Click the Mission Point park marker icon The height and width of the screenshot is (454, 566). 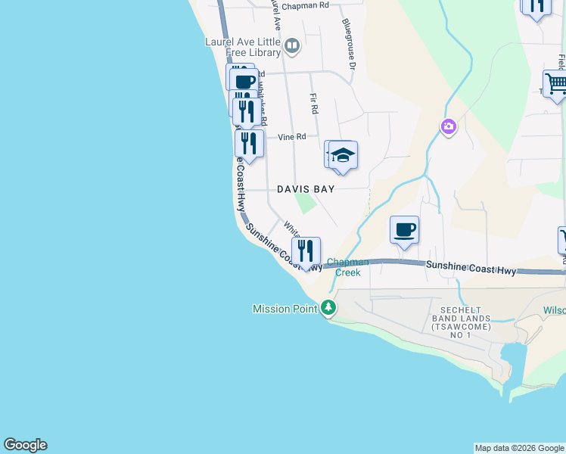pos(328,308)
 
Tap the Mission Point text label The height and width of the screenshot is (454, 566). pos(286,309)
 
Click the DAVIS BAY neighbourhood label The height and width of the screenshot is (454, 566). pos(305,189)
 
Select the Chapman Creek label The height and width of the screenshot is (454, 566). pos(348,267)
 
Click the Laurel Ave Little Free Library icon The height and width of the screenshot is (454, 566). pos(292,47)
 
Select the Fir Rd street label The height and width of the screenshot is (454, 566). pos(313,103)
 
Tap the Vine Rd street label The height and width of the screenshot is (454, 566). pos(291,137)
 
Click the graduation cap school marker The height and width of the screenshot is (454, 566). pos(343,156)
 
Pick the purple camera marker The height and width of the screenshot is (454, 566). pos(448,126)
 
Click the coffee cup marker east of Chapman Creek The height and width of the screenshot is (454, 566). pos(404,229)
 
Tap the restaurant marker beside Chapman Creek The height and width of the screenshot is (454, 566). pos(306,250)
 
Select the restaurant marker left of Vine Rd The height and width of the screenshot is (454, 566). pos(249,143)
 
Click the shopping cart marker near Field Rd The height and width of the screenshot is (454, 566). pos(556,84)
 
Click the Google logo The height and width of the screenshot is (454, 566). pos(25,445)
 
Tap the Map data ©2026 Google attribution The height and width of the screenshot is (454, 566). pos(519,448)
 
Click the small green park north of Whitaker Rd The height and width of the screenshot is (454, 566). pos(306,203)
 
